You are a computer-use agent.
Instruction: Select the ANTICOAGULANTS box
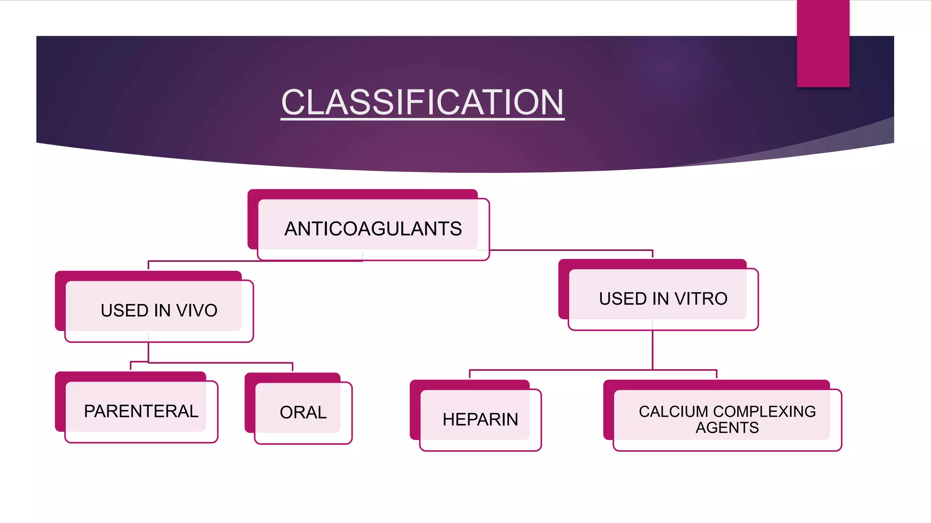pos(373,228)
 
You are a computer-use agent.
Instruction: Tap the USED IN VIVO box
pos(159,310)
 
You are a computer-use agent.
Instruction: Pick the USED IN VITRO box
pos(663,298)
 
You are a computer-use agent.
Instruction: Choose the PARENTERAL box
pos(141,411)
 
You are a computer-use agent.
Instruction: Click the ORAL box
pos(303,412)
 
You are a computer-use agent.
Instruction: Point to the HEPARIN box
pos(480,419)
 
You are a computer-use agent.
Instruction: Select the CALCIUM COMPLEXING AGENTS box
pos(727,419)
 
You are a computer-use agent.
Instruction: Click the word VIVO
pos(197,311)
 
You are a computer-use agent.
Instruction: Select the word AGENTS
pos(727,428)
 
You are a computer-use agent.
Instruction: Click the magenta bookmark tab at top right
pos(823,43)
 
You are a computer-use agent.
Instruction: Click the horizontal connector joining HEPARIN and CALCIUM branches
pos(591,370)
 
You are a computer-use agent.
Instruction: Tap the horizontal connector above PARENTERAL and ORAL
pos(218,363)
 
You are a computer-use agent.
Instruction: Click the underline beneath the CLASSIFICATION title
pos(422,119)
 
